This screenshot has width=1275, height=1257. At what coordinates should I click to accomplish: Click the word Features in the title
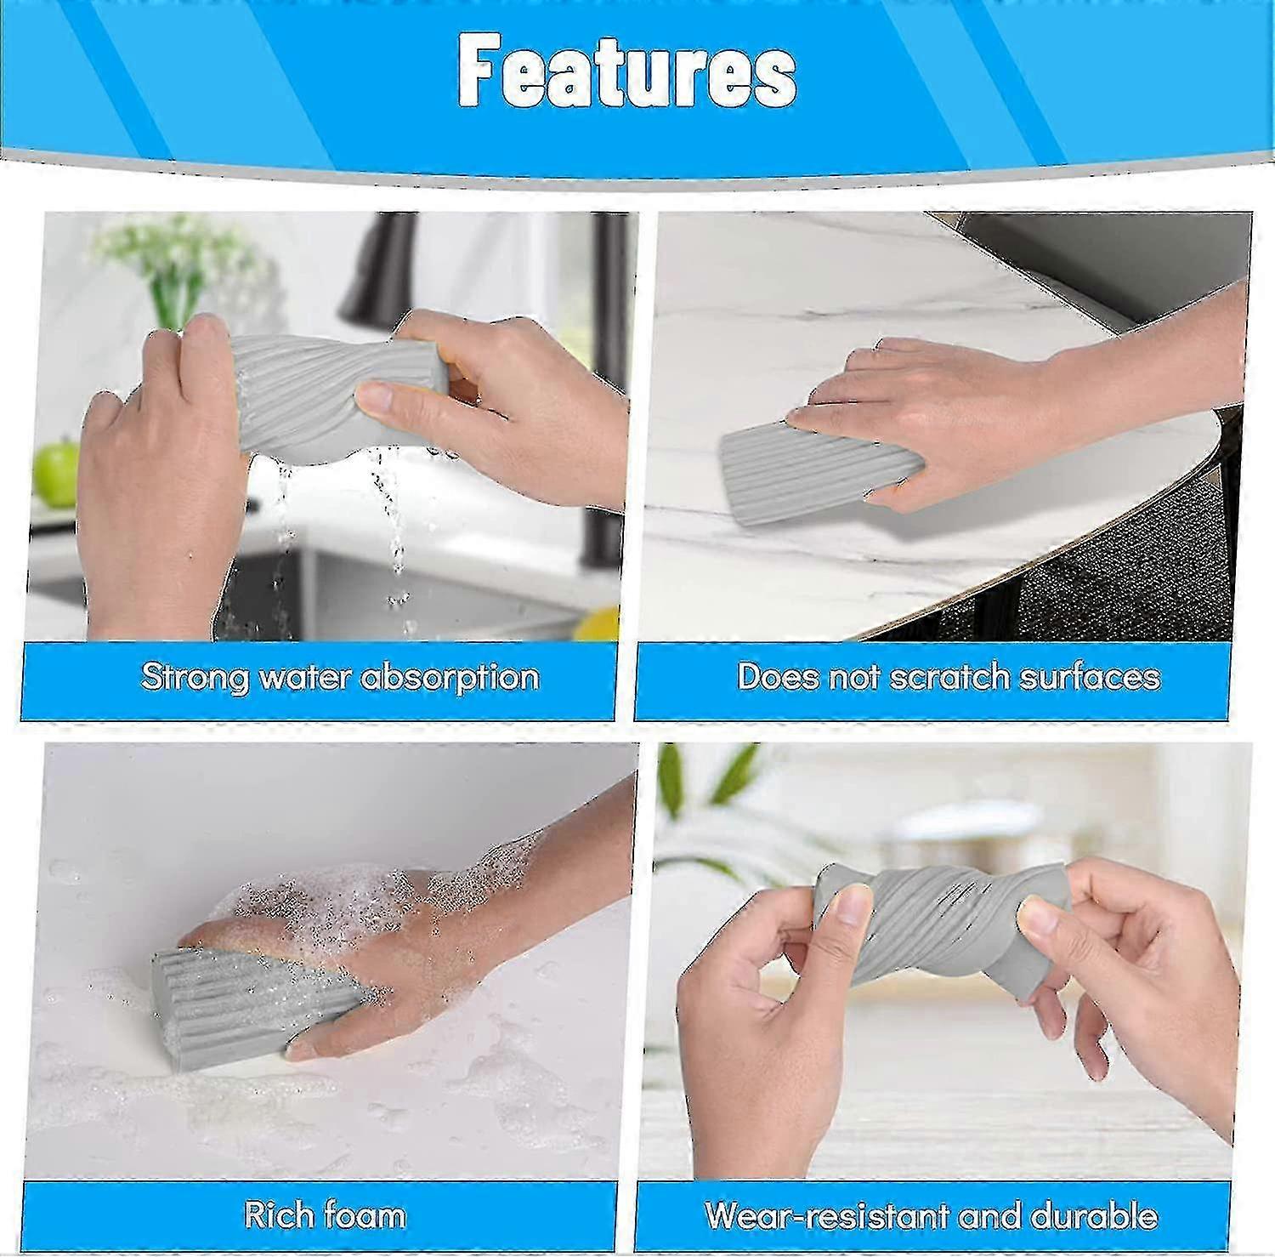(x=627, y=72)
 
